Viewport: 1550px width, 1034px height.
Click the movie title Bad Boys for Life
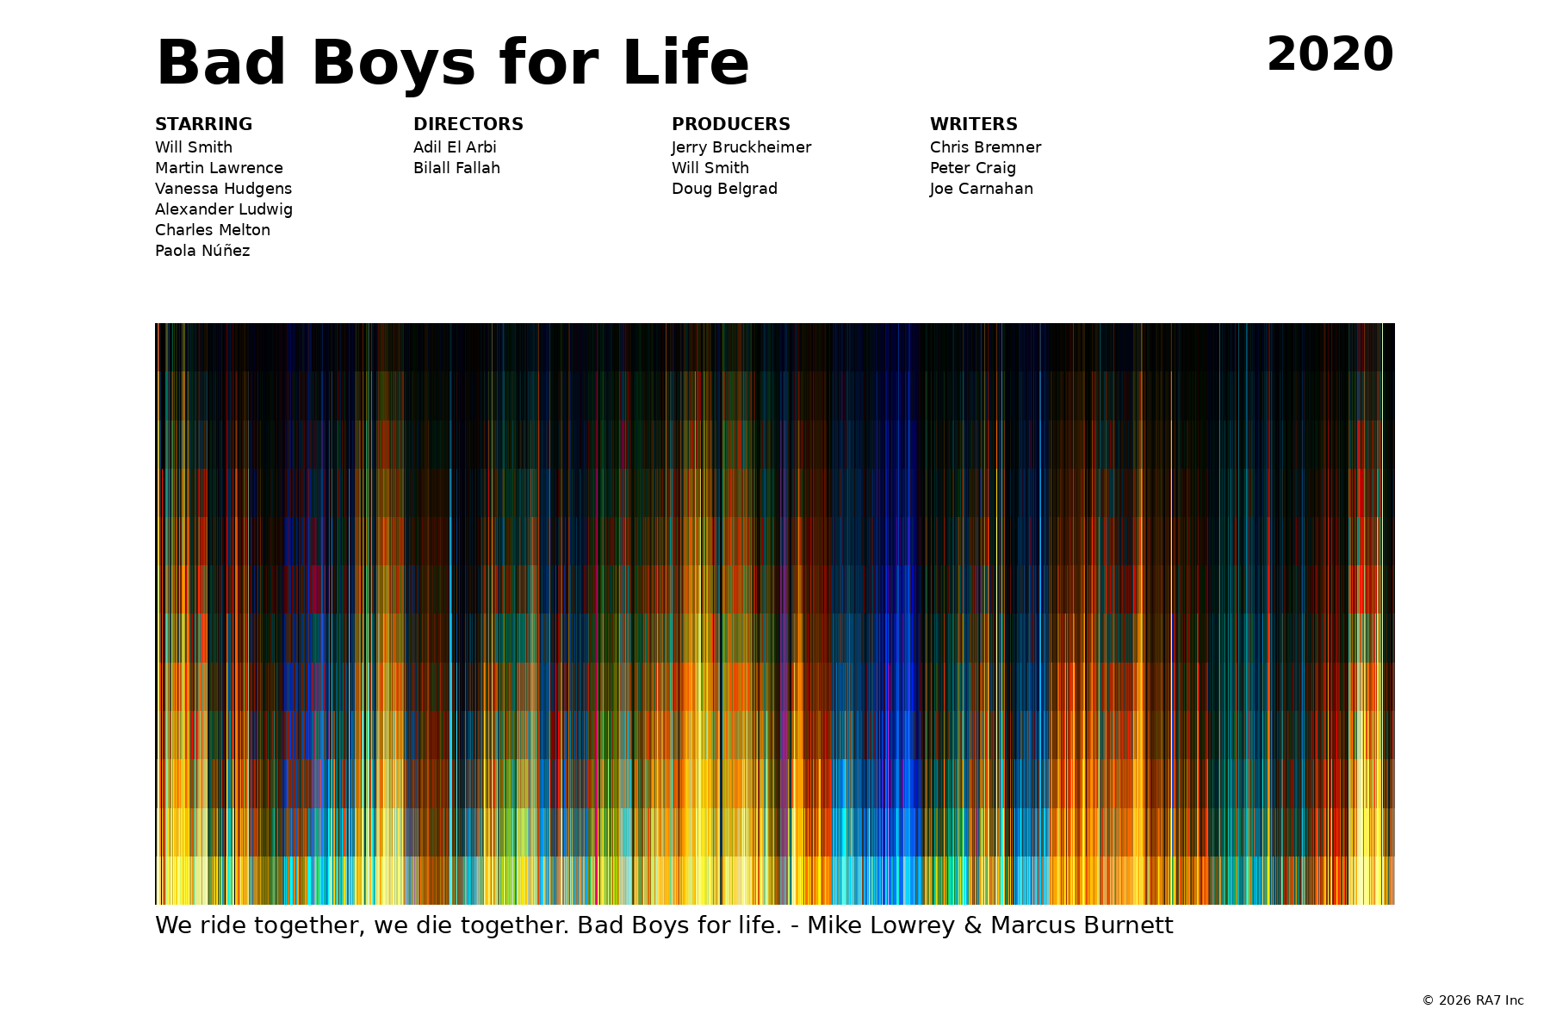452,64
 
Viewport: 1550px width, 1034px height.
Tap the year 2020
1330,55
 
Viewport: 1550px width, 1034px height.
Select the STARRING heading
203,124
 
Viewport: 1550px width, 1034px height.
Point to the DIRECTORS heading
468,124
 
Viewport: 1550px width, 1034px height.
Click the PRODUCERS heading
731,124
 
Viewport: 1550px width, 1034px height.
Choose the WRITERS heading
974,124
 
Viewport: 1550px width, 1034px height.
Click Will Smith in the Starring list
194,147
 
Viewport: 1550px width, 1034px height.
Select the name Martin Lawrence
219,168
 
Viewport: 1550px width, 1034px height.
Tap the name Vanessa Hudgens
223,189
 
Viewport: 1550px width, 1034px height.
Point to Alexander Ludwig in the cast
224,209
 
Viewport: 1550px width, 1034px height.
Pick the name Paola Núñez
202,251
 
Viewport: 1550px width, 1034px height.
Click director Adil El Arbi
455,147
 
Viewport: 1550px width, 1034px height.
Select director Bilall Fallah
456,168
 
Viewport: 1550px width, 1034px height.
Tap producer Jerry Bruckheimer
741,147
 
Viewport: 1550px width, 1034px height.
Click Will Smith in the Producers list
710,168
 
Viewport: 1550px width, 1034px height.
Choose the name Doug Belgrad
724,189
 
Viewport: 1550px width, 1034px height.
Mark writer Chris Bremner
985,147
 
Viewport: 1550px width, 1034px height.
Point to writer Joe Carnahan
982,189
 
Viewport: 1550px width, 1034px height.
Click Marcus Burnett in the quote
1082,925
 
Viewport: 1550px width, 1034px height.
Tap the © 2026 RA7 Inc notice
1472,1000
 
